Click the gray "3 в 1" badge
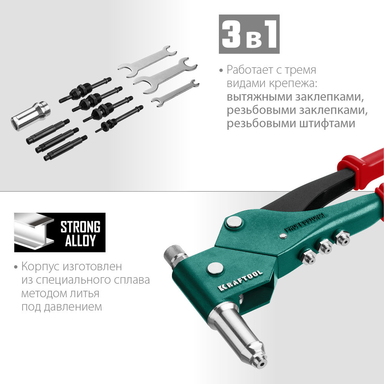pyautogui.click(x=249, y=34)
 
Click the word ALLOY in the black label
pyautogui.click(x=80, y=240)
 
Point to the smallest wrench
pyautogui.click(x=175, y=93)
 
